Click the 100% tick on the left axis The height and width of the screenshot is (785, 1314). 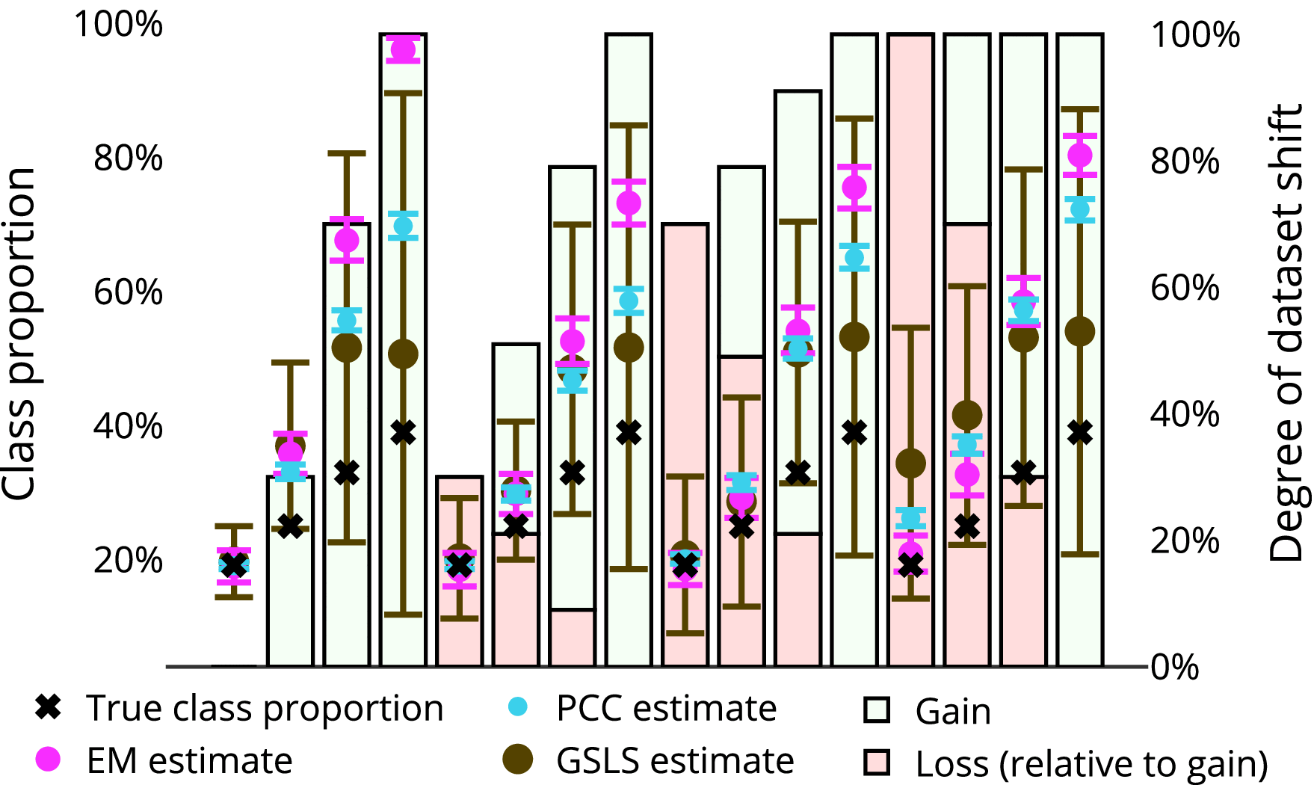point(118,24)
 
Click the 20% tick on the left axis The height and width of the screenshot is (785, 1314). point(128,560)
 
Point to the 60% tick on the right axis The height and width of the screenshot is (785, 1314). point(1185,288)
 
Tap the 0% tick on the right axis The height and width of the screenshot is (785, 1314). point(1174,667)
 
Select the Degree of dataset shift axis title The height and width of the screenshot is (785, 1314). point(1286,333)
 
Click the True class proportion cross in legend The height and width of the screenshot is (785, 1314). point(49,706)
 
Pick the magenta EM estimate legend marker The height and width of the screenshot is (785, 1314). point(49,760)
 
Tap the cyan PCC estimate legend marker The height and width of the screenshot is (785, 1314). point(517,706)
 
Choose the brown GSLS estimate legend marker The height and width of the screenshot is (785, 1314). point(517,760)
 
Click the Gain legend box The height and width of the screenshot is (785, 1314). point(877,709)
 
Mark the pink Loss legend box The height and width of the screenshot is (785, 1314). point(877,763)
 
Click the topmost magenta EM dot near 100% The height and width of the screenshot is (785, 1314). point(403,50)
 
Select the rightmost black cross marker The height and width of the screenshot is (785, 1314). point(1079,432)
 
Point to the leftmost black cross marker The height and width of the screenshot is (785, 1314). point(234,564)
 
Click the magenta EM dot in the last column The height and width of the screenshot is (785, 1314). point(1079,156)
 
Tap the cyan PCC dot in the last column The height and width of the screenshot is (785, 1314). point(1079,209)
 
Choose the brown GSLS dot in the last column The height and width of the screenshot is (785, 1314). point(1079,331)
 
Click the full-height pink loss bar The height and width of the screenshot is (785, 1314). point(910,224)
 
